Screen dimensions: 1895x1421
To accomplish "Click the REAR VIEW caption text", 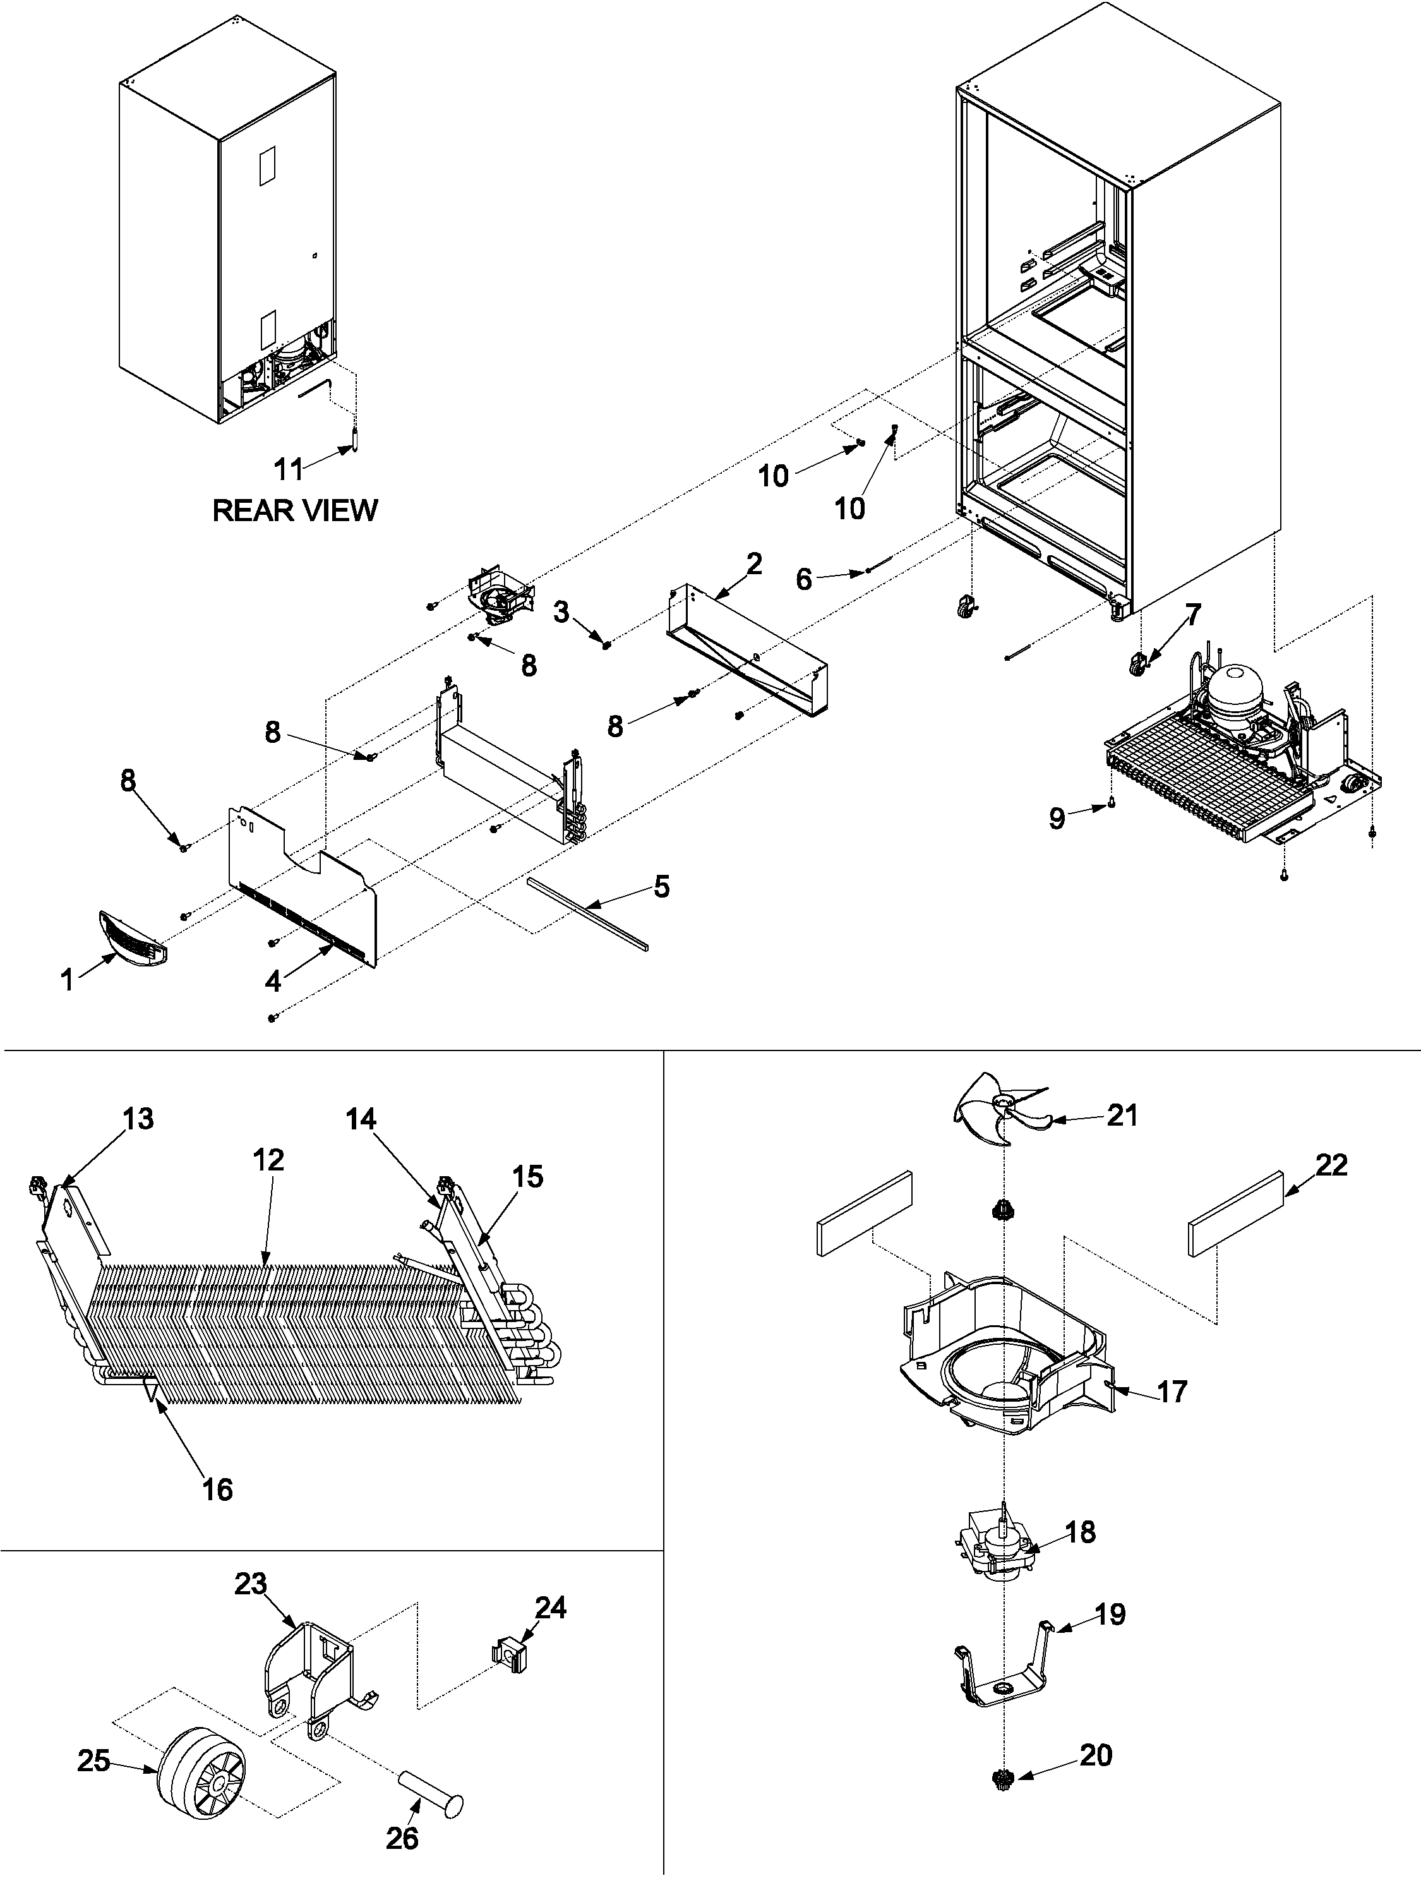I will tap(295, 510).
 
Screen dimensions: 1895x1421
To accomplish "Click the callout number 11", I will tap(289, 469).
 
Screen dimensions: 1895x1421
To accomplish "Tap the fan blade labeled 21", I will tap(998, 1114).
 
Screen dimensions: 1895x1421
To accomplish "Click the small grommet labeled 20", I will tap(1002, 1780).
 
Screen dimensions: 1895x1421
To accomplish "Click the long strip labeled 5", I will tap(587, 913).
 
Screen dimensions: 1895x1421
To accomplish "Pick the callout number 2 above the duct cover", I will tap(753, 563).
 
